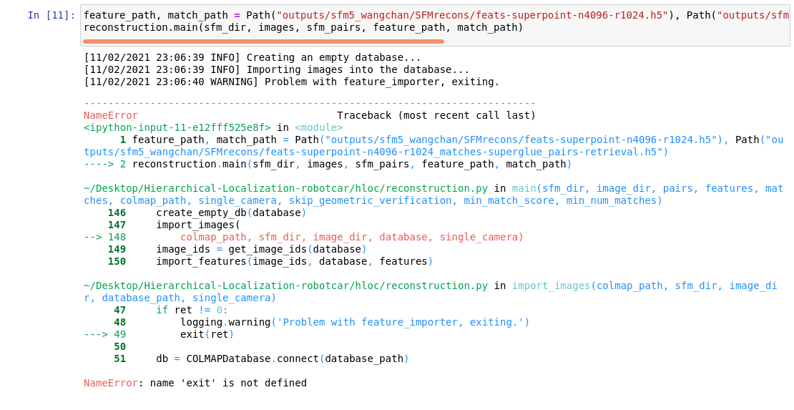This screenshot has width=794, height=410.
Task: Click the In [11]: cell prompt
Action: (x=51, y=15)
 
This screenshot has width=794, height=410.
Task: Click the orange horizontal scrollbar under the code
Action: (x=263, y=42)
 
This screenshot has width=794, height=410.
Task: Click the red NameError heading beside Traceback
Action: (x=111, y=115)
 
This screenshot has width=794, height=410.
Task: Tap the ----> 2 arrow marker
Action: (x=104, y=164)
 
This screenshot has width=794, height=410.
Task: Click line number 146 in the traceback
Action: (x=117, y=213)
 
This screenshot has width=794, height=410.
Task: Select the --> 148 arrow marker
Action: (x=104, y=237)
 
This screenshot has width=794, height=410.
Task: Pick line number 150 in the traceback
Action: (x=117, y=261)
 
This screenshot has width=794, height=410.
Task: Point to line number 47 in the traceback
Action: (x=119, y=310)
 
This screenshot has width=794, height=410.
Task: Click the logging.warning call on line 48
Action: (x=225, y=322)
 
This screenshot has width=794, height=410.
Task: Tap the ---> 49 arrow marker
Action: (x=104, y=334)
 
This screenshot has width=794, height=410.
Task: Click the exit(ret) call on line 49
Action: (x=207, y=334)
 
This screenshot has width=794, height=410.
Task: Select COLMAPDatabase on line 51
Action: (x=228, y=358)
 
